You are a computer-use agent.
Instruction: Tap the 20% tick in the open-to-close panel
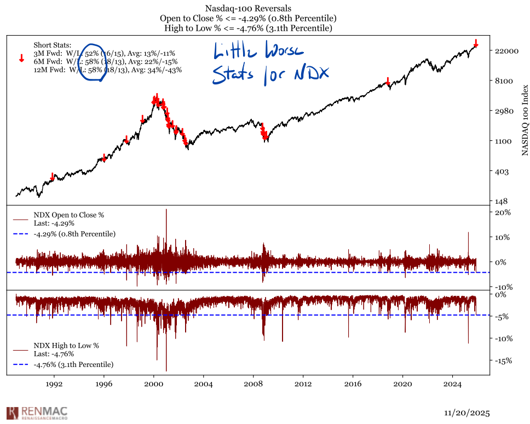pos(503,213)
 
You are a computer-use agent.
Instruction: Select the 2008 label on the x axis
pos(253,384)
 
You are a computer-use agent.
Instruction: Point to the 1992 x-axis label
pos(54,384)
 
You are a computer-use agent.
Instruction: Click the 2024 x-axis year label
pos(452,384)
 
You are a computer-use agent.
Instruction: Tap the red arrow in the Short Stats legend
pos(21,58)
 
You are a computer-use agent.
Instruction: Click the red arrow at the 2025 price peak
pos(476,43)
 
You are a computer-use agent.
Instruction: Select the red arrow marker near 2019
pos(388,82)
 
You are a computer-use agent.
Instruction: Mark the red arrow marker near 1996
pos(104,158)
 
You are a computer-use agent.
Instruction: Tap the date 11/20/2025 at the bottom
pos(466,412)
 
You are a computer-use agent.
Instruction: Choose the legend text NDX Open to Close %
pos(68,215)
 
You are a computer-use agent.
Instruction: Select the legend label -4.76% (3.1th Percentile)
pos(73,364)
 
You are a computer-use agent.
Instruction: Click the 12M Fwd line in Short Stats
pos(107,70)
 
